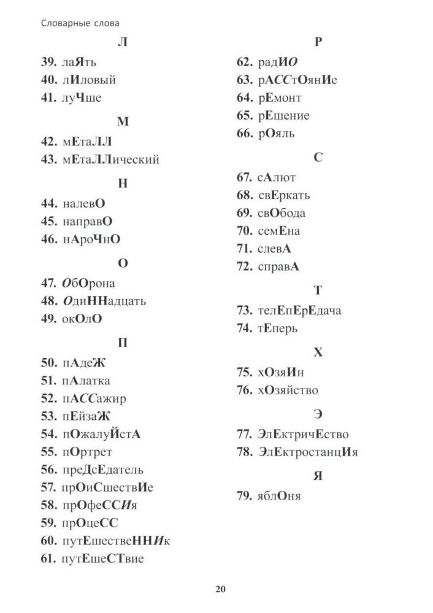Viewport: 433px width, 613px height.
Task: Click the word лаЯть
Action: [x=79, y=63]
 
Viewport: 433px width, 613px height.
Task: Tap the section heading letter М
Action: [x=123, y=121]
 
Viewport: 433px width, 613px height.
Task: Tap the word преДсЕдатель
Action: [x=102, y=470]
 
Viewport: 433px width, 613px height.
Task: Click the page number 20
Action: [x=221, y=590]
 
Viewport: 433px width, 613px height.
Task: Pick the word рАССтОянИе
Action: [x=297, y=80]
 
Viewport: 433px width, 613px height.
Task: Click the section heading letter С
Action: [x=318, y=158]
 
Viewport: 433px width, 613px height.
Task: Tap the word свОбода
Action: [x=282, y=213]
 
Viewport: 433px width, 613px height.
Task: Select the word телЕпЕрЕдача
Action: [x=299, y=310]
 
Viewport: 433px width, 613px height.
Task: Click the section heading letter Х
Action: [x=318, y=352]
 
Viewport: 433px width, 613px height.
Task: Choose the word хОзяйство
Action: [x=288, y=390]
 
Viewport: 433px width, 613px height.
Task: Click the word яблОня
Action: [x=279, y=495]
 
